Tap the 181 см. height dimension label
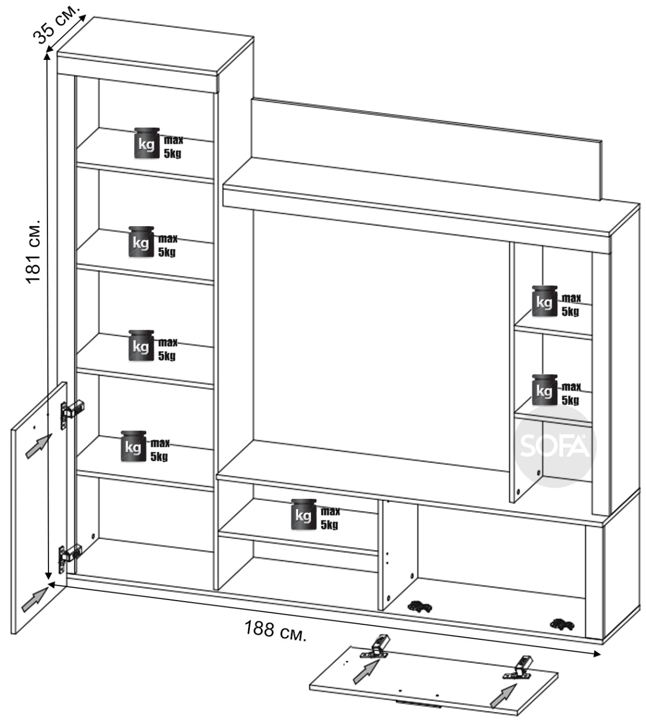pos(33,252)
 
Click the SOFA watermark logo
pos(555,445)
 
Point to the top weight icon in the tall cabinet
pos(146,143)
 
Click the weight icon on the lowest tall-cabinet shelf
pos(134,446)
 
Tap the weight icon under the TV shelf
pos(304,514)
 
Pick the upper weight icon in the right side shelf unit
pos(544,301)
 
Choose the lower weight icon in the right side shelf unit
pos(544,389)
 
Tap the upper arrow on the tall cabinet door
pos(39,445)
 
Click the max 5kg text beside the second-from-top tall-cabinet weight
pos(167,245)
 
